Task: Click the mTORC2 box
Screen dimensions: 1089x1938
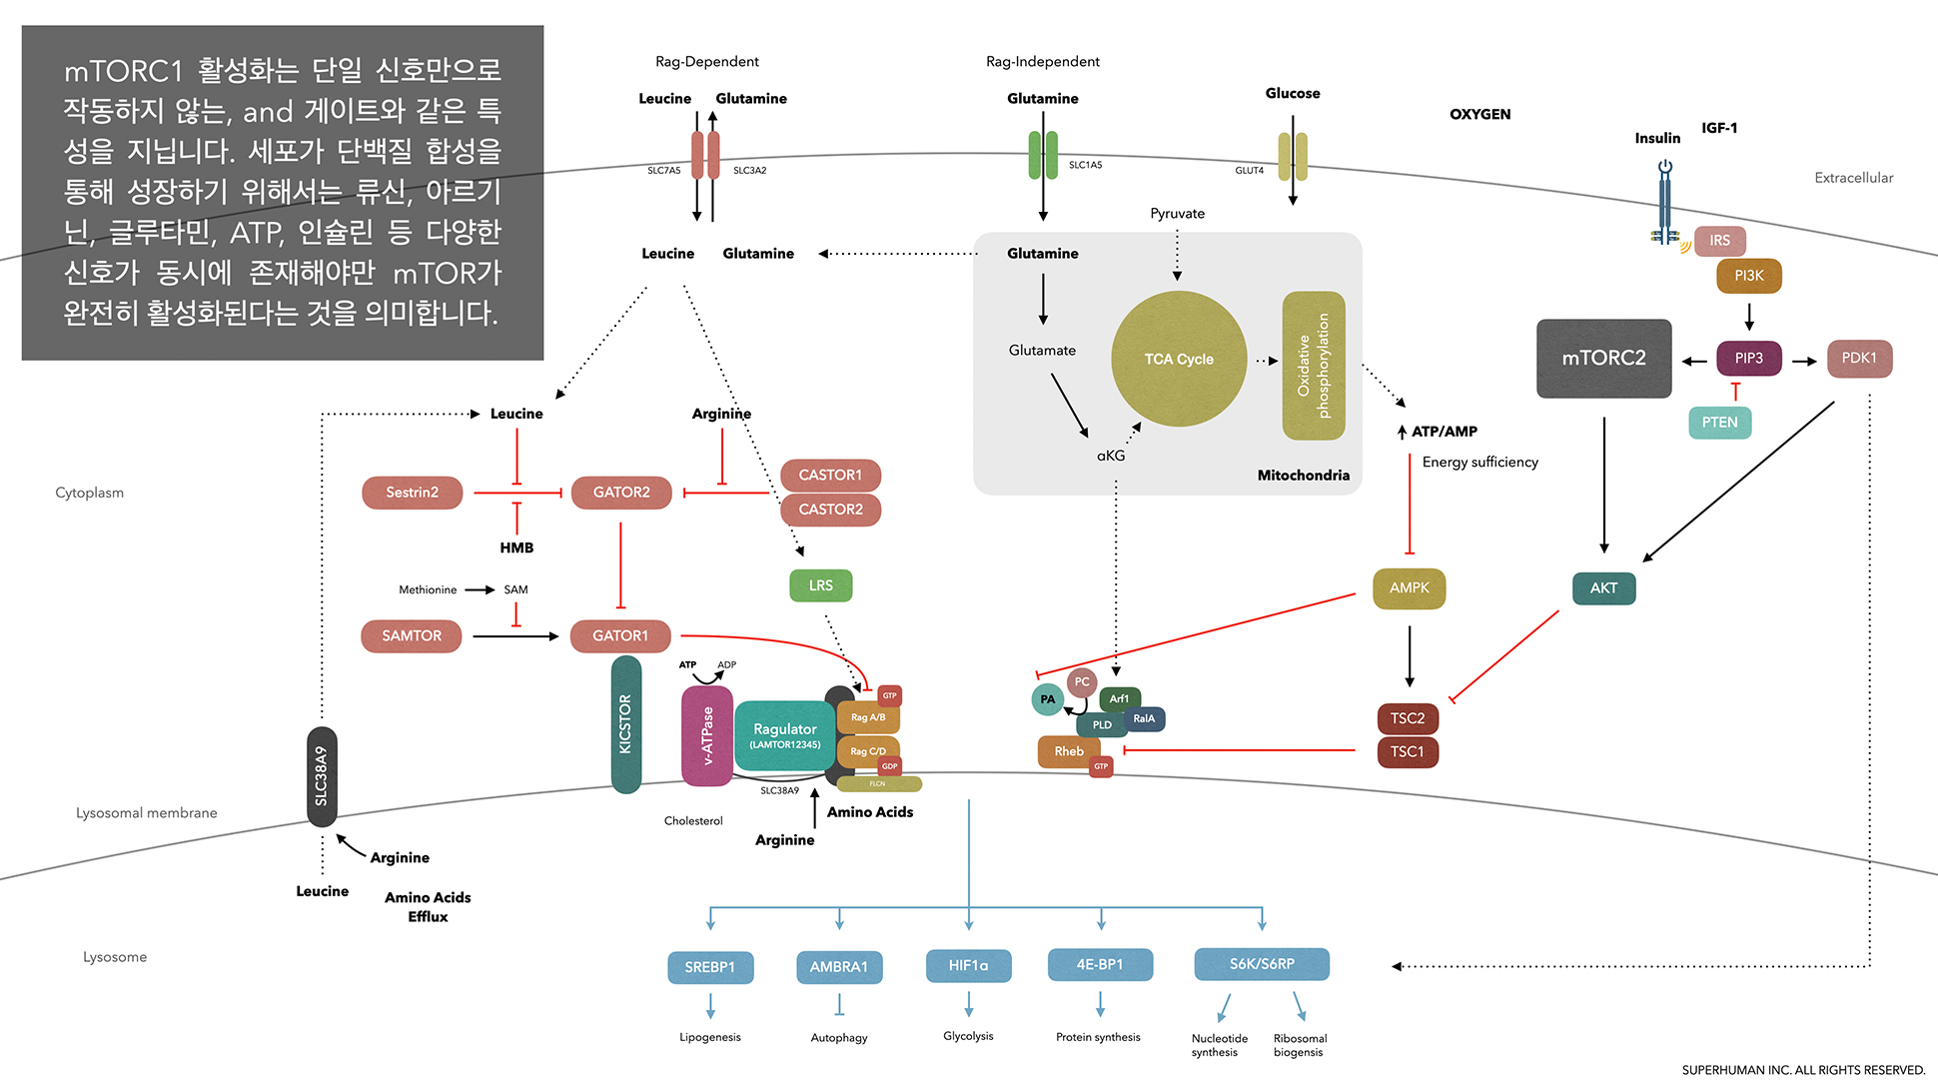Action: point(1603,358)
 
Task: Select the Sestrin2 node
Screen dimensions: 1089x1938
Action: point(412,493)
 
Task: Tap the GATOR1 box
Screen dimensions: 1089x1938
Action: point(620,635)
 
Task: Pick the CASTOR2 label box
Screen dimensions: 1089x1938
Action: point(830,510)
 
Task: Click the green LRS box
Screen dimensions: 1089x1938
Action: point(820,585)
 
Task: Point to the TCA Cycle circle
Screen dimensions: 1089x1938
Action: point(1179,359)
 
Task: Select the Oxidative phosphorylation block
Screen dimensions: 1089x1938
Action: point(1314,366)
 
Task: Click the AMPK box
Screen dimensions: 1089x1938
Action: point(1409,587)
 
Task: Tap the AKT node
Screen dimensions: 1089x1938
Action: point(1603,587)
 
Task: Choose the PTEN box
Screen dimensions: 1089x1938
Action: point(1719,423)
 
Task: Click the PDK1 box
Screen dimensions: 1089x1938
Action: point(1859,358)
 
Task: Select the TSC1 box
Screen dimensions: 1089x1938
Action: point(1408,751)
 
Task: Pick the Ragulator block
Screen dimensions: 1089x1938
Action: point(785,735)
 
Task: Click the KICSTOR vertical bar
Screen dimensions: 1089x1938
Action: point(626,724)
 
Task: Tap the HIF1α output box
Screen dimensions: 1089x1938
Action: point(968,965)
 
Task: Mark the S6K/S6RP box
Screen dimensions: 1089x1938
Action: point(1262,964)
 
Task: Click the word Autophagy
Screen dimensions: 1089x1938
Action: point(839,1038)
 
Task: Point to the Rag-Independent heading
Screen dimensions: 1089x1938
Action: point(1042,62)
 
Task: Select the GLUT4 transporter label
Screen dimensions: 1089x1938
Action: point(1249,171)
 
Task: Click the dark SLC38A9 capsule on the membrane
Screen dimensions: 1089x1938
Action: point(322,776)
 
